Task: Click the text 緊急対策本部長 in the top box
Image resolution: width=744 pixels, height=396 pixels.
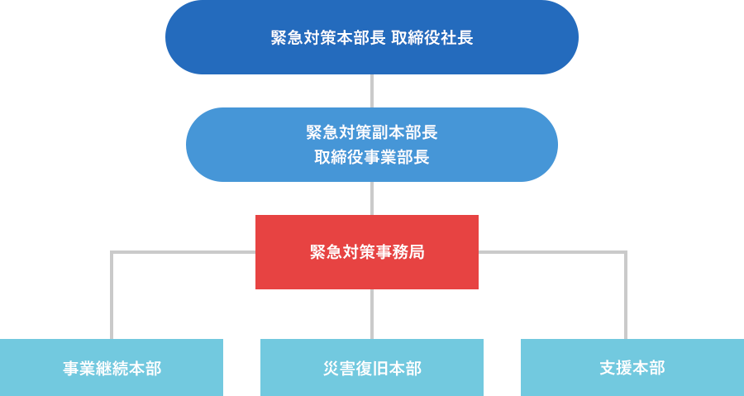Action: [x=328, y=37]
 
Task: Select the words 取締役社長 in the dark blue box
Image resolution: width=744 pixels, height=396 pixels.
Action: [x=432, y=37]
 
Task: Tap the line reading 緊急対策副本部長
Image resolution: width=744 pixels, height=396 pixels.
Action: [x=371, y=132]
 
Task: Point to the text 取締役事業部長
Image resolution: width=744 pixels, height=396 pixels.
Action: [x=371, y=157]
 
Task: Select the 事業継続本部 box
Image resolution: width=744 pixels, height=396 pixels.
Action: [x=112, y=367]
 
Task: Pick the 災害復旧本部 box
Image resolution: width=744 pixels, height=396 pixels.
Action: [x=371, y=367]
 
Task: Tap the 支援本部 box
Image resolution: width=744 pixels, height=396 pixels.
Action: [x=632, y=367]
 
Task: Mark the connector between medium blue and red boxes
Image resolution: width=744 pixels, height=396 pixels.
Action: [x=372, y=198]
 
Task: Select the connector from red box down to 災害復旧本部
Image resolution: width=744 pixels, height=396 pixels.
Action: [x=372, y=314]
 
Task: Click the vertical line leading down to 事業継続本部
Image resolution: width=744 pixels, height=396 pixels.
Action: [x=112, y=298]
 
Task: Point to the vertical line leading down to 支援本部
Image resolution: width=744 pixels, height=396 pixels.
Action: [x=626, y=298]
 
